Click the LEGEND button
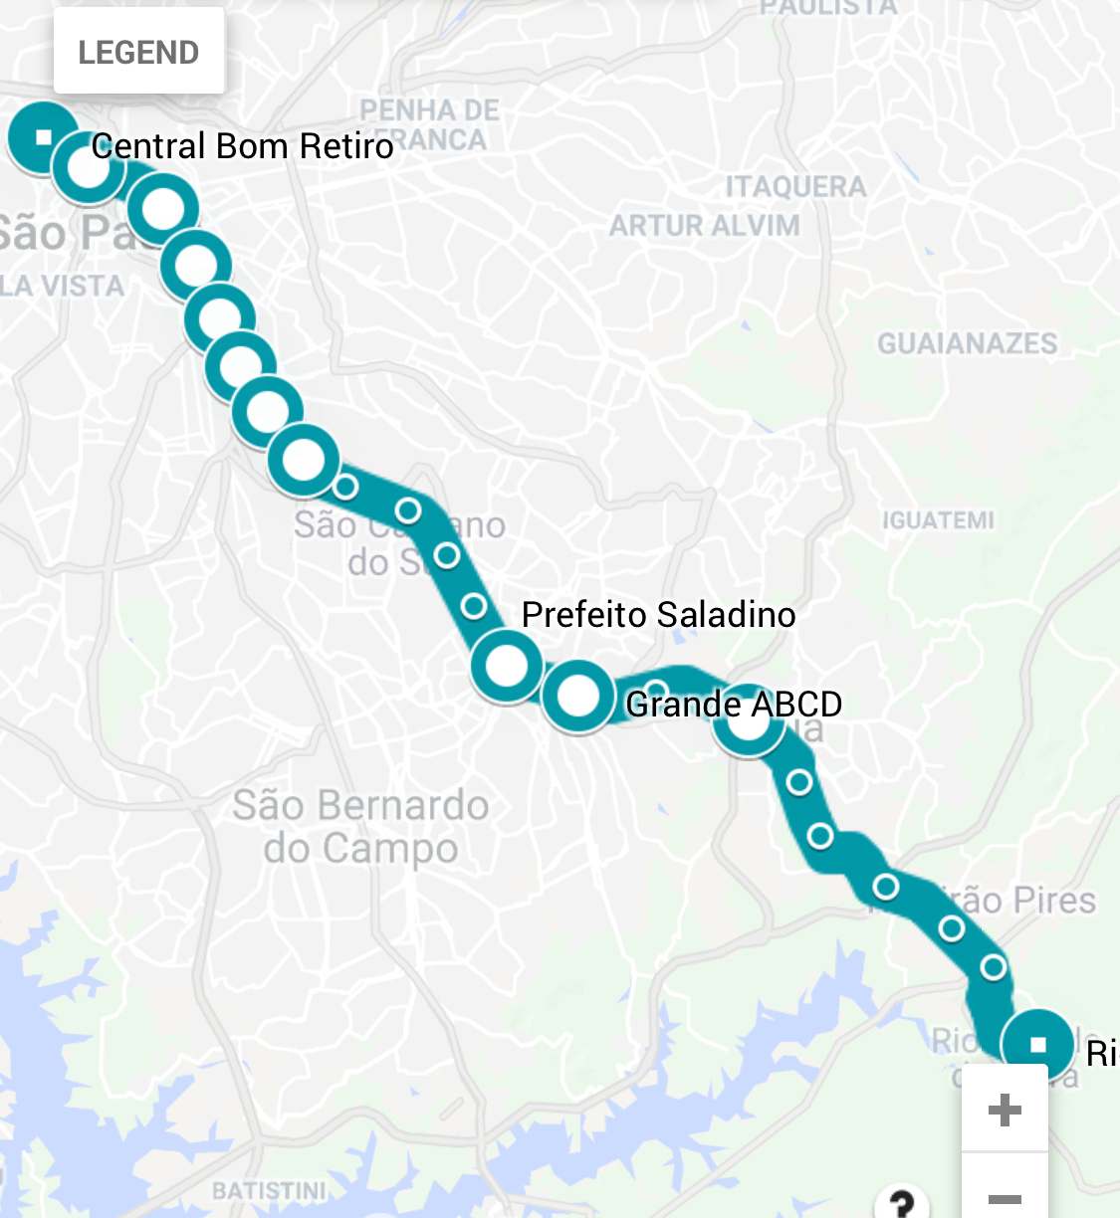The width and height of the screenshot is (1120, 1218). pos(138,52)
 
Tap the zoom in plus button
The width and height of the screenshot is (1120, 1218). pos(1005,1109)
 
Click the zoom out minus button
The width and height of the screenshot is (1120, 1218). pos(1005,1197)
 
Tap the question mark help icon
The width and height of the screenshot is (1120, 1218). pos(901,1203)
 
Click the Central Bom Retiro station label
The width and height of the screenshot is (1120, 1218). pos(242,146)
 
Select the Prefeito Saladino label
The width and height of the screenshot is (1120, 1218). pos(658,615)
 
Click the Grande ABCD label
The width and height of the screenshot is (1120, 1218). pos(734,705)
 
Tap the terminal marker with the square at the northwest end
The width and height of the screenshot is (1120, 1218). pos(43,136)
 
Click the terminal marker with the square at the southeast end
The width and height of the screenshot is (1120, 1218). pos(1037,1044)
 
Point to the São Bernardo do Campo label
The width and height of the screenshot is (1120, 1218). pos(360,826)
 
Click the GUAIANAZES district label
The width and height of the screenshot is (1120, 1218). pos(967,344)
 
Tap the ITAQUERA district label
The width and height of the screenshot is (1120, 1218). pos(795,187)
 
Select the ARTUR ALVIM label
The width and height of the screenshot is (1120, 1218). pos(704,226)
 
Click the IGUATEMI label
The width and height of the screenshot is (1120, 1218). pos(938,520)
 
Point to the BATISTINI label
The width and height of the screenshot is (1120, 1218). pos(269,1191)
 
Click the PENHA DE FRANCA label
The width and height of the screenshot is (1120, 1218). pos(430,123)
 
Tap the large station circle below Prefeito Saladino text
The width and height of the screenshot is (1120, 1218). pos(507,665)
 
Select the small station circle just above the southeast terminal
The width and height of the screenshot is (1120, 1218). pos(993,966)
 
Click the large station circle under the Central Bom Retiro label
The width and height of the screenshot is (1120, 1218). pos(89,166)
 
